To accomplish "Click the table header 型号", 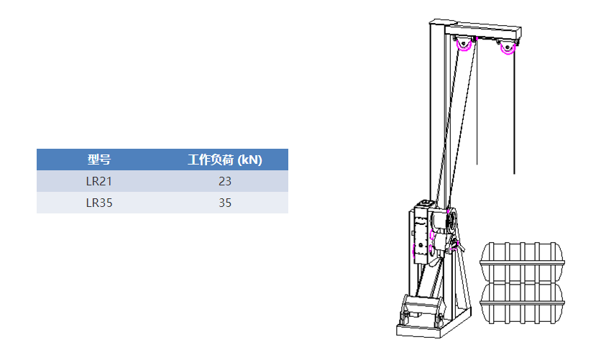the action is click(x=98, y=160).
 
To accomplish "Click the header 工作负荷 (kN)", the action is click(x=224, y=160).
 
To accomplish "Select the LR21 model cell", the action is click(x=98, y=181).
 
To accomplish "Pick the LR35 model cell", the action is click(x=98, y=203).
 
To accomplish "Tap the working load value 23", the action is click(x=224, y=181).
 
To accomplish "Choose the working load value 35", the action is click(x=224, y=203).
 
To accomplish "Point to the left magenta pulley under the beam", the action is click(x=464, y=45).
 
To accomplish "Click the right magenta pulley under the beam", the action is click(x=508, y=49).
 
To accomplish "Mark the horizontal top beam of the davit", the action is click(x=482, y=30).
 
